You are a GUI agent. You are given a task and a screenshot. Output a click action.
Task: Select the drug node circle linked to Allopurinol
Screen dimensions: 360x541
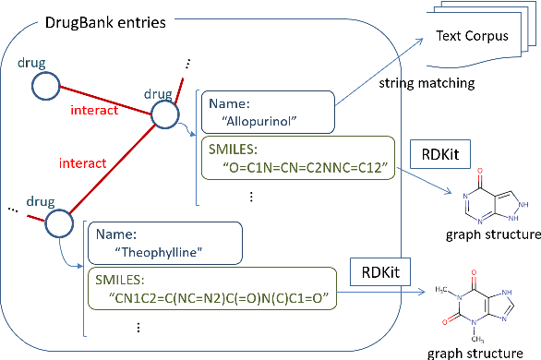pos(164,114)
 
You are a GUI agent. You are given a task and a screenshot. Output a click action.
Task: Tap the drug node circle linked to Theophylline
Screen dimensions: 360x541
pos(58,222)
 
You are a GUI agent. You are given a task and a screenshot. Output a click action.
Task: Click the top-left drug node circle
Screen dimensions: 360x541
pos(46,87)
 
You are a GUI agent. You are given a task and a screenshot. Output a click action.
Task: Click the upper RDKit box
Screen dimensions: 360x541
pos(439,152)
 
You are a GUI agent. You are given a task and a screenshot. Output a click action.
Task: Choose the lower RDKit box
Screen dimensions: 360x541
pos(380,272)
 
